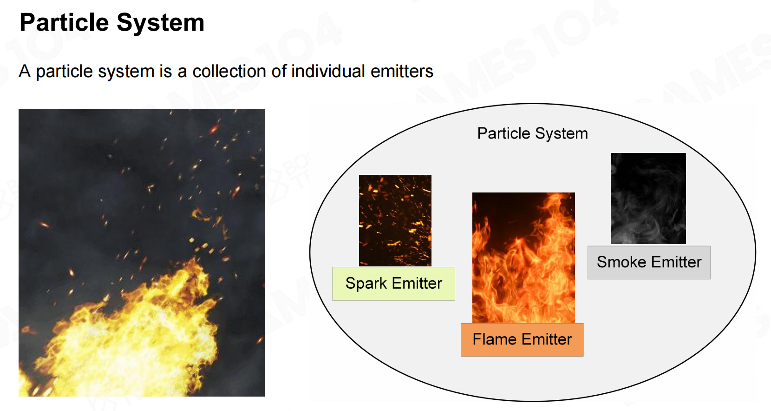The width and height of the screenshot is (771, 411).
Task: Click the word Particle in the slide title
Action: click(65, 22)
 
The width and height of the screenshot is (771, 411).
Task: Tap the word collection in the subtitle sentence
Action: click(229, 71)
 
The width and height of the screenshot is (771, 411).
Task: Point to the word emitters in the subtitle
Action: click(402, 71)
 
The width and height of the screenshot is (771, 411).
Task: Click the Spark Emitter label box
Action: click(393, 284)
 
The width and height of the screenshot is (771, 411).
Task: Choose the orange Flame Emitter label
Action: click(522, 339)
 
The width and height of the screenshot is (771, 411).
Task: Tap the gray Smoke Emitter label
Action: click(649, 262)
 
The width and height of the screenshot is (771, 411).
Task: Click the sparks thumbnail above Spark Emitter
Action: click(395, 220)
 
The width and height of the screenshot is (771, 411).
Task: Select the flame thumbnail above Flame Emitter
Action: click(523, 258)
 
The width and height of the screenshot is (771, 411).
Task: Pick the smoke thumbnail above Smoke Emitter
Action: click(648, 199)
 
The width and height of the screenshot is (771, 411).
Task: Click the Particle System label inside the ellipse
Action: click(532, 133)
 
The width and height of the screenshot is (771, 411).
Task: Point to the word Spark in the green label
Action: click(366, 284)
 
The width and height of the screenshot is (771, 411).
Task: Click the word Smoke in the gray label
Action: click(621, 262)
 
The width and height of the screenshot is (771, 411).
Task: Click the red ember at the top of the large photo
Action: click(214, 130)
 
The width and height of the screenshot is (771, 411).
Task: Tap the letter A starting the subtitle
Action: click(25, 71)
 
